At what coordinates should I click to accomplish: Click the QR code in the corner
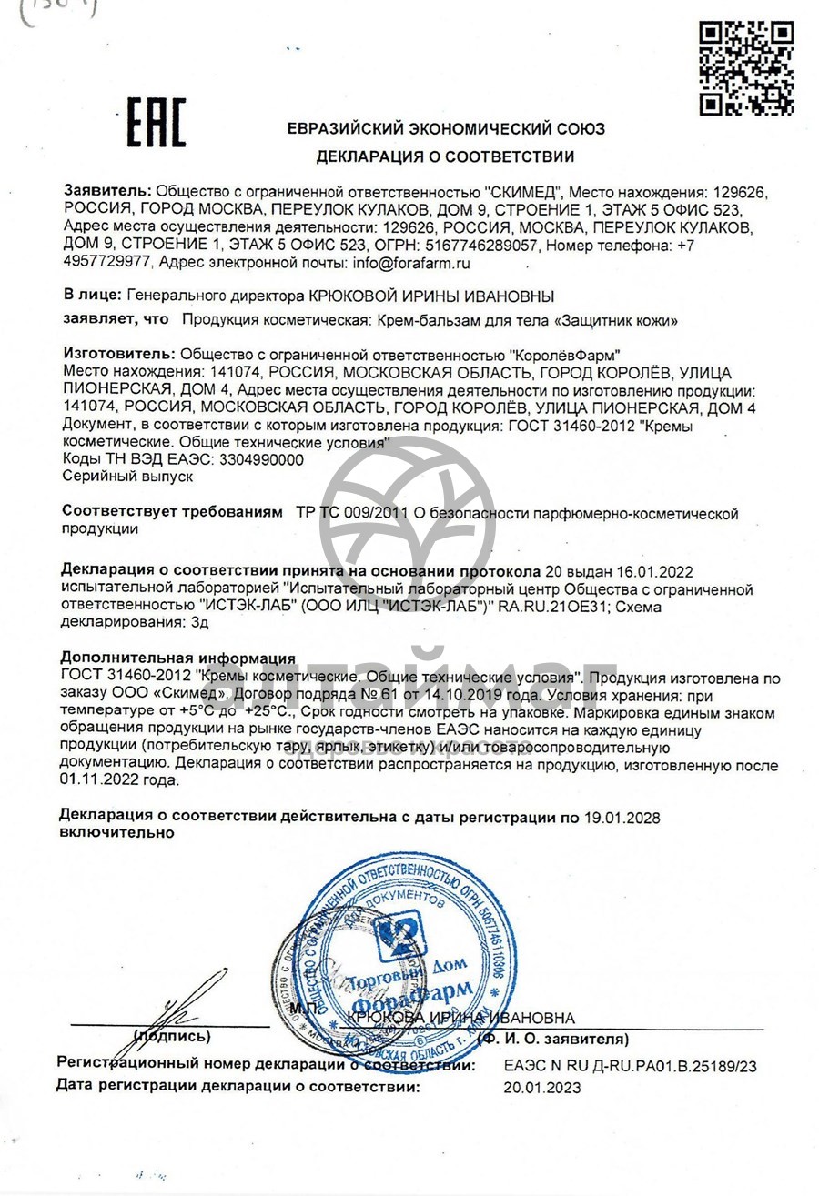click(x=746, y=68)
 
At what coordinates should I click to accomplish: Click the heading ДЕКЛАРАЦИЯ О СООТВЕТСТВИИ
click(x=445, y=156)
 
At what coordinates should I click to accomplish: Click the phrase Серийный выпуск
click(x=115, y=475)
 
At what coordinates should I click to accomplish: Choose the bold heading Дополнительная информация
click(x=177, y=658)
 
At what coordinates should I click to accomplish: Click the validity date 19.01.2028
click(x=621, y=817)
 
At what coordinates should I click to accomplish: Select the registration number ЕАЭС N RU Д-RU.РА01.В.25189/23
click(x=630, y=1065)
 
